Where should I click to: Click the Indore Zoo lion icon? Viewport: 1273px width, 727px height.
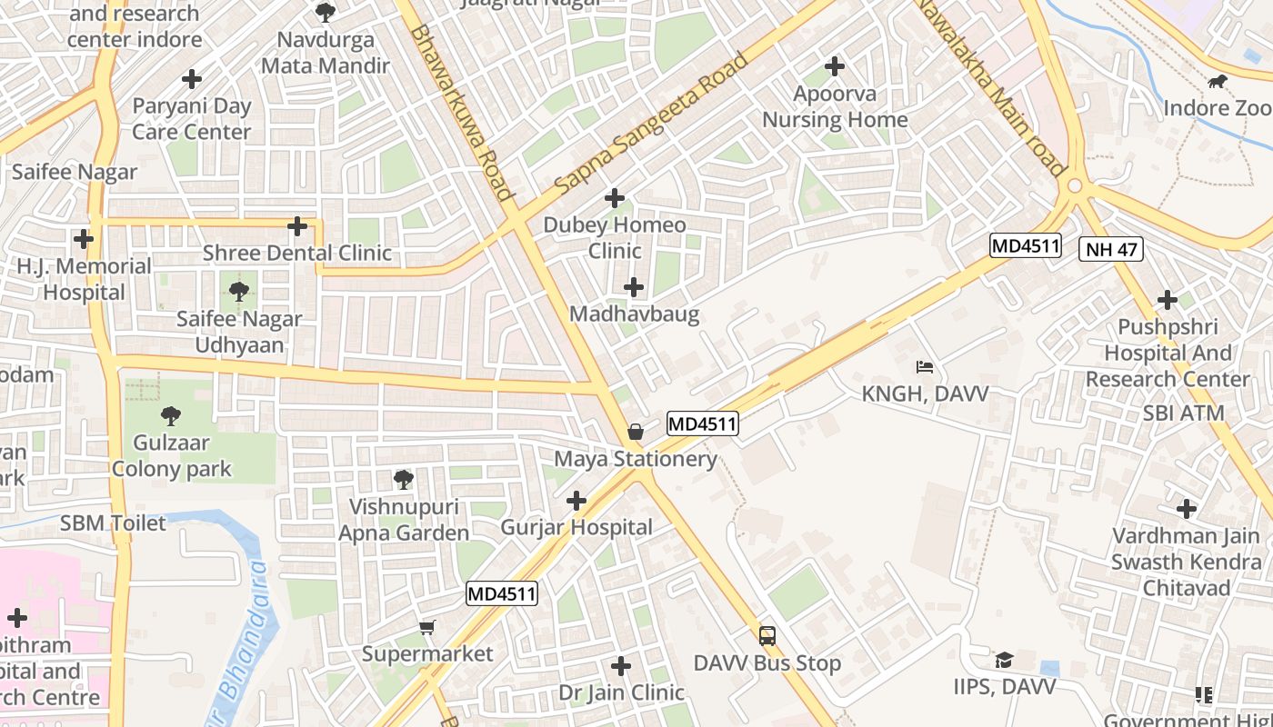(1217, 83)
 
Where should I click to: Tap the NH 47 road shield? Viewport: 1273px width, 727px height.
(1110, 249)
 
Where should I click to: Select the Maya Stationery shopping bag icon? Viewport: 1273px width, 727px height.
(636, 432)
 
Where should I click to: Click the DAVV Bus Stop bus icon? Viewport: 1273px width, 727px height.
(767, 636)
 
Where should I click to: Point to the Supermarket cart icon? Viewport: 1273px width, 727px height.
(427, 627)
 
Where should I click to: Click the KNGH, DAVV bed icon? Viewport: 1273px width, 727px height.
(925, 367)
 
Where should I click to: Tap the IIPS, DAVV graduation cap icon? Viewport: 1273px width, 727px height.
(1004, 660)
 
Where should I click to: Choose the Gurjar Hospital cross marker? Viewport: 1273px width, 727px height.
(576, 501)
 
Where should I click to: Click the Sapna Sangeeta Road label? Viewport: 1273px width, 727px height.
(651, 122)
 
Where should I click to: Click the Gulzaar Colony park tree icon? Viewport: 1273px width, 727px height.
(170, 416)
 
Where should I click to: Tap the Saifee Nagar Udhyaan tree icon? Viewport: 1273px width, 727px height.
(239, 292)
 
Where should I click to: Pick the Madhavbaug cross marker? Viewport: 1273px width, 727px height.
(634, 288)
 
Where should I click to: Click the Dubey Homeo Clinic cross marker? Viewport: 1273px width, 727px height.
(615, 198)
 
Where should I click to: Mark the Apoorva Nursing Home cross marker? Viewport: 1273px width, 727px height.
(835, 66)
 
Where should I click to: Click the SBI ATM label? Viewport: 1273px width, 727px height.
(1184, 413)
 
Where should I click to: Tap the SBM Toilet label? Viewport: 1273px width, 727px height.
(114, 523)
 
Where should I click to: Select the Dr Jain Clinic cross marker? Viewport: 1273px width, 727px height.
(621, 666)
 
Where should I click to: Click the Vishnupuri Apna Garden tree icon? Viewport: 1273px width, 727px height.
(403, 479)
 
